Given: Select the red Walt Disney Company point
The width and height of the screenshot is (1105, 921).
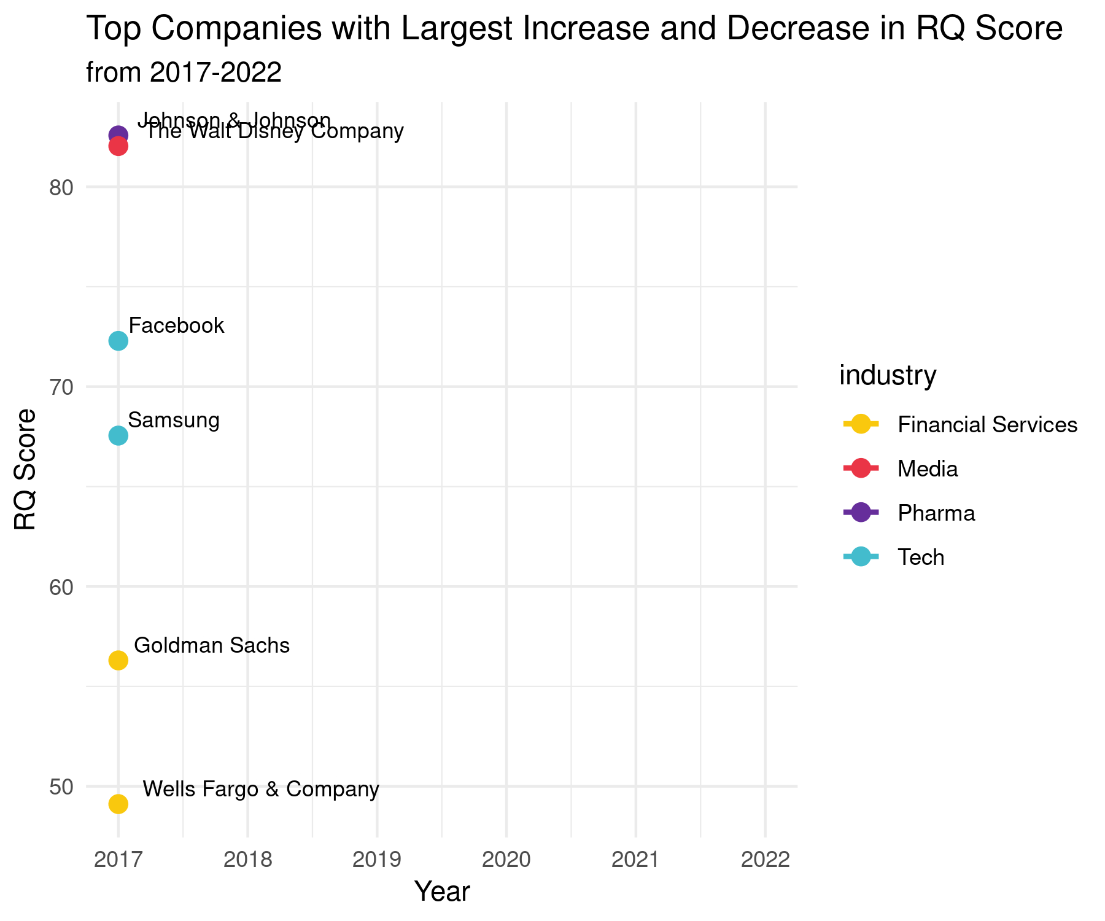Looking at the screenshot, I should [x=118, y=147].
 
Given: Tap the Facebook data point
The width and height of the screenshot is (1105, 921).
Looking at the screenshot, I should [x=118, y=341].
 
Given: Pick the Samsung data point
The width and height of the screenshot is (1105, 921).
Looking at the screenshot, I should [x=118, y=435].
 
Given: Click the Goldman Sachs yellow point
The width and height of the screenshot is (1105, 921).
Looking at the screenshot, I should [x=118, y=660].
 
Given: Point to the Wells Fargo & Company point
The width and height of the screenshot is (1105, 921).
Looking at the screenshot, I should [x=118, y=804].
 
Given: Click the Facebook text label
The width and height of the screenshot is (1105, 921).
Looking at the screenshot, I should [x=177, y=325].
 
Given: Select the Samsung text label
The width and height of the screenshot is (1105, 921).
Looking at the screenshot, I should [x=174, y=421].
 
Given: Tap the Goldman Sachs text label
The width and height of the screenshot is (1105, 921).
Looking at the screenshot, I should [x=212, y=645].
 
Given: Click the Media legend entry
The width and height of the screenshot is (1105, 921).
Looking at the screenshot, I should [x=927, y=469].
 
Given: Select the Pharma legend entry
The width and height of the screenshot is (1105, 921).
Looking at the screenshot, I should [x=936, y=513].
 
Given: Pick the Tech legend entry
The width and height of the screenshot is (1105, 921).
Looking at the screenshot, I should [x=920, y=558].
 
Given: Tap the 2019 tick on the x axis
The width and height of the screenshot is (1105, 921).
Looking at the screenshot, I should [x=377, y=860].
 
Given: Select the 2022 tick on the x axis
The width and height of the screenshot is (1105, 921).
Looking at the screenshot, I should [x=765, y=860].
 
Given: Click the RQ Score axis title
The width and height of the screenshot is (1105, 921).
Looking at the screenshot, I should [x=26, y=469].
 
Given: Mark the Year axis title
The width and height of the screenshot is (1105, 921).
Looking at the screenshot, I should [x=442, y=892].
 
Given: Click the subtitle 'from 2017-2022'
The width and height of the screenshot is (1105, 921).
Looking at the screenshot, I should [x=184, y=73].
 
